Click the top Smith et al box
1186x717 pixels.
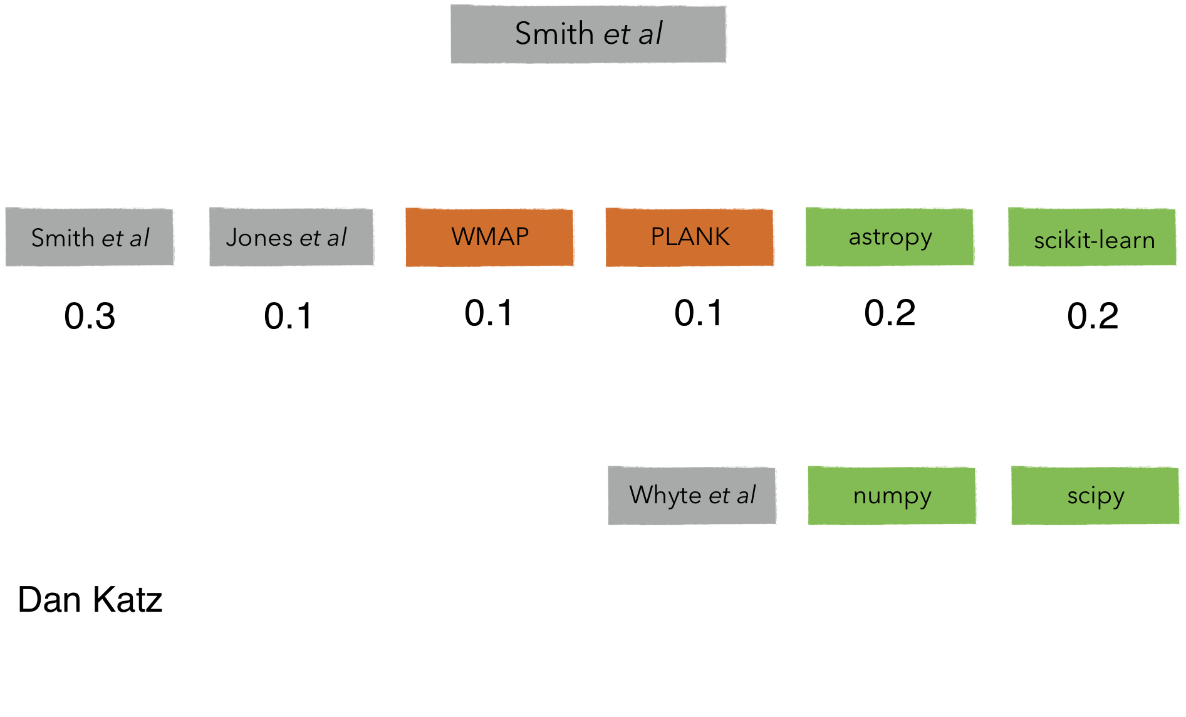[x=589, y=35]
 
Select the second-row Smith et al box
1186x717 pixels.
[x=90, y=238]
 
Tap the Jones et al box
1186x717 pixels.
[x=292, y=238]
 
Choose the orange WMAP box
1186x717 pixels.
[x=490, y=238]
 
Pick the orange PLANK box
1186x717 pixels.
[x=690, y=238]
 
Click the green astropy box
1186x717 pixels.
[x=890, y=238]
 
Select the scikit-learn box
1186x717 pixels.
[x=1093, y=239]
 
